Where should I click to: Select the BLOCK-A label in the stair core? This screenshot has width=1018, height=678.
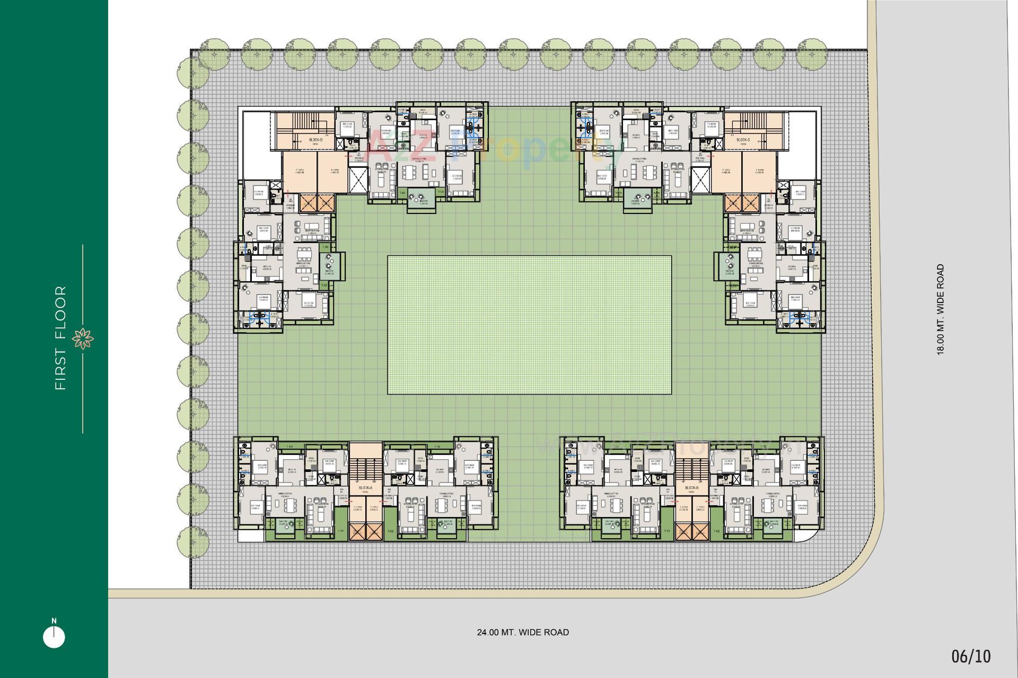point(366,487)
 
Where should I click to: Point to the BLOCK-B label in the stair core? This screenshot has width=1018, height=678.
point(691,487)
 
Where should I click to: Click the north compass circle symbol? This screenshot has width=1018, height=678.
point(54,637)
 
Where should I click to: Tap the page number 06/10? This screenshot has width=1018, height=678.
point(971,656)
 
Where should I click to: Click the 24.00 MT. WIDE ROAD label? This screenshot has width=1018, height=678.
point(523,632)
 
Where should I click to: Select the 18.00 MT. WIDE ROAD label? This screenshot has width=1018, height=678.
point(941,309)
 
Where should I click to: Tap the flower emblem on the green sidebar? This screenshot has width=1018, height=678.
point(83,338)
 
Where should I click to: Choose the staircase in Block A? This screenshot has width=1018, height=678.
point(366,466)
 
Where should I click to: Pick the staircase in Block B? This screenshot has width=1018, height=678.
point(691,466)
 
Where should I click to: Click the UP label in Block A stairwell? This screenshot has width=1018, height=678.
point(357,481)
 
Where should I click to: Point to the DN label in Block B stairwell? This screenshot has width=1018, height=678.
point(700,481)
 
